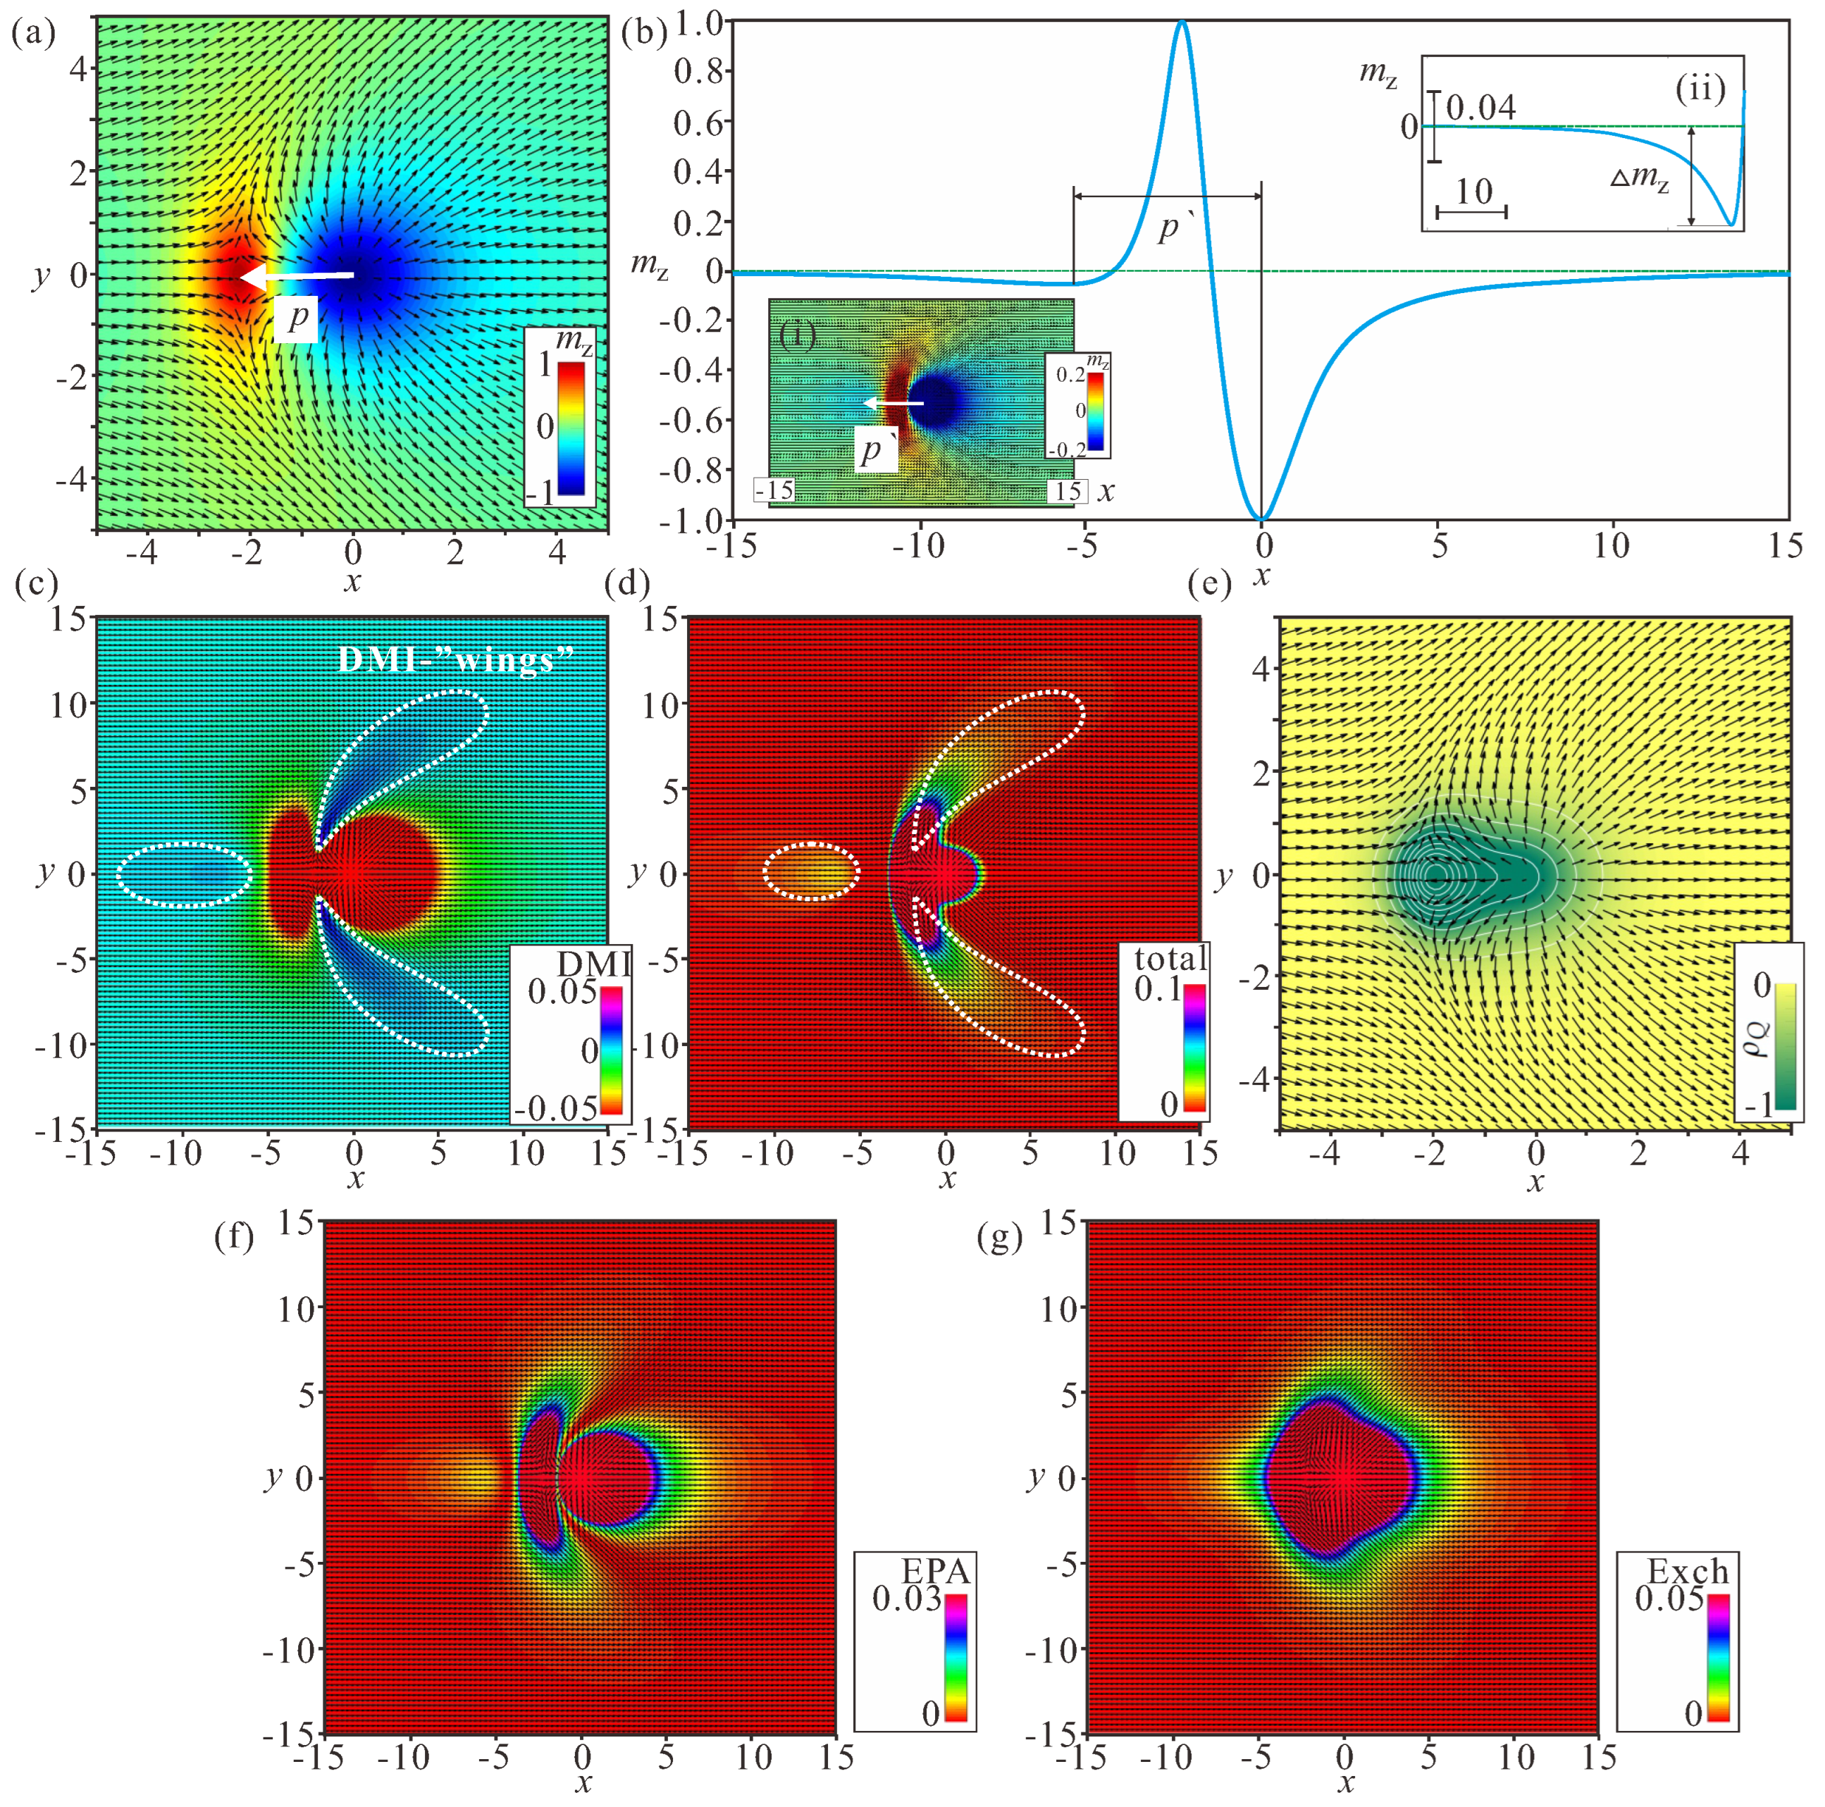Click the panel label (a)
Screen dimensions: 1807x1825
(x=32, y=35)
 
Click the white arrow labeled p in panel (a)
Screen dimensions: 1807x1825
(x=297, y=276)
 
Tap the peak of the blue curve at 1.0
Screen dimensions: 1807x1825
(x=1182, y=23)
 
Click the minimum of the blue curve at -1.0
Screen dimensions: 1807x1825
(x=1261, y=518)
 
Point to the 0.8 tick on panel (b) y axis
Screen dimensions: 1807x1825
(x=698, y=72)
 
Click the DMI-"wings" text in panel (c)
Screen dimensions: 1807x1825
(x=457, y=659)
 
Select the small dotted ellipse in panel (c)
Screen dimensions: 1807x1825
(x=184, y=874)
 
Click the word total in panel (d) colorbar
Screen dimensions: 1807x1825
(x=1170, y=959)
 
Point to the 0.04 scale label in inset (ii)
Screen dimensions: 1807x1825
(x=1481, y=108)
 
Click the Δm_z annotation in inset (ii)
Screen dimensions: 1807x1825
(x=1640, y=178)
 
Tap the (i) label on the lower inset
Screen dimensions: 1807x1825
(x=798, y=335)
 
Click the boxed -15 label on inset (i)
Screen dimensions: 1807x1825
(x=774, y=491)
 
